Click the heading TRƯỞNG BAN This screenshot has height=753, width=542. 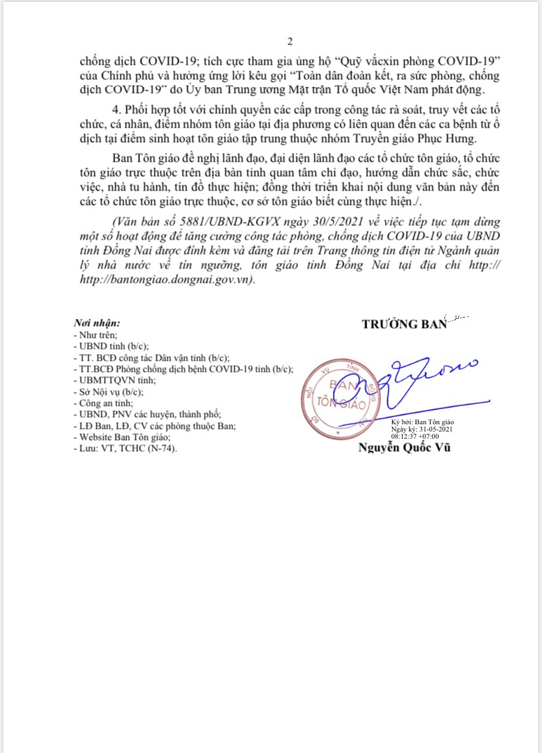(403, 324)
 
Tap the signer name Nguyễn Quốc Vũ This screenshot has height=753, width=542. (404, 448)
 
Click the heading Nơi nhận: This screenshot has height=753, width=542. (98, 323)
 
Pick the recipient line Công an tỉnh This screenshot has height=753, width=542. (98, 403)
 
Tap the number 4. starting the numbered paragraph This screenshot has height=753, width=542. (117, 109)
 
